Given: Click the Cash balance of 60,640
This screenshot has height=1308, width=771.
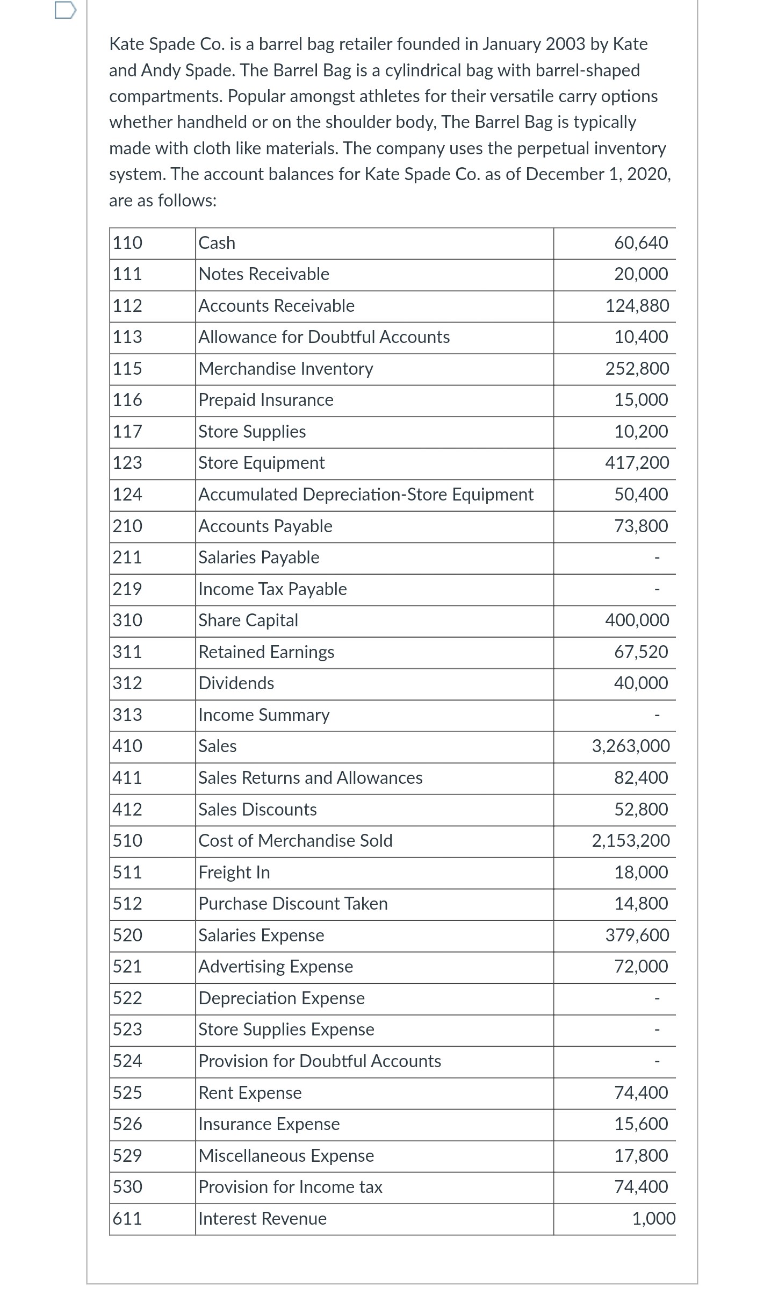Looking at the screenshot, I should pos(641,243).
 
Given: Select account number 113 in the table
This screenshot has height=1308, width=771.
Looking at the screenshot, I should pos(127,337).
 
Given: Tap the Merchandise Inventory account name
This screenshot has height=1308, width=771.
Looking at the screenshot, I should pos(285,369).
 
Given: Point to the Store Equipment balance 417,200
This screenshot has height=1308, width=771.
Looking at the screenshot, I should pos(637,463).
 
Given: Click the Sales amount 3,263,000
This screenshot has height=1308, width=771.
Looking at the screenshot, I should pos(631,746).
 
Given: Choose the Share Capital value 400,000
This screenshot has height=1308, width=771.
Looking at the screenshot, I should pos(637,620).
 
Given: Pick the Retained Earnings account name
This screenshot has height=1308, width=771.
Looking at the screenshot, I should pos(266,652).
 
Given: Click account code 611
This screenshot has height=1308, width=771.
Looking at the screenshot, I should pos(127,1219).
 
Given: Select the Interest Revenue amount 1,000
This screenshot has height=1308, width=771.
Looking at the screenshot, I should pos(653,1219).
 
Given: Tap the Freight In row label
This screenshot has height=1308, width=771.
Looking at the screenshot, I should pos(234,873).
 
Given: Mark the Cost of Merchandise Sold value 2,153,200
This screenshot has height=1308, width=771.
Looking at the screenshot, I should pos(631,841).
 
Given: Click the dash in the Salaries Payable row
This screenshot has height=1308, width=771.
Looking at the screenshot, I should pos(656,559).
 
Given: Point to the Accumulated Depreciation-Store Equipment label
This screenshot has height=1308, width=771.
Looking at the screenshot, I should pos(366,495).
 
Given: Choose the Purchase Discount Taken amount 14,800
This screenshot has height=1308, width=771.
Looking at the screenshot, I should pos(641,904).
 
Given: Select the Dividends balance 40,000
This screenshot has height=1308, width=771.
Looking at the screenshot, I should pos(641,683).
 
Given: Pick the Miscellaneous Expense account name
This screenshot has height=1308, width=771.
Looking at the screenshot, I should pos(286,1156).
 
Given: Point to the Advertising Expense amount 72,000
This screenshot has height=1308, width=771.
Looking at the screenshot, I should pos(641,967).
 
